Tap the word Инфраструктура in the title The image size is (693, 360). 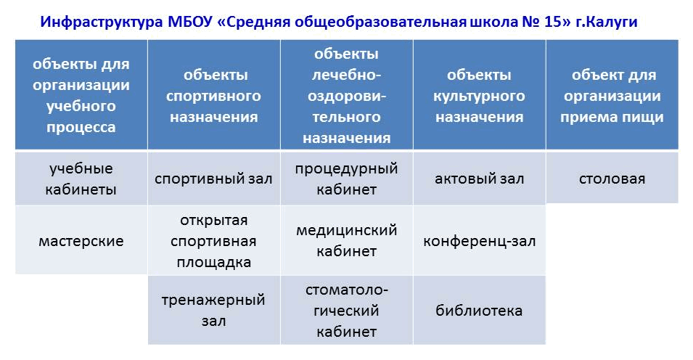(102, 22)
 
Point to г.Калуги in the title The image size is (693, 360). (607, 22)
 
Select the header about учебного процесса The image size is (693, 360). (81, 95)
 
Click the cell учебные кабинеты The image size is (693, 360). (81, 179)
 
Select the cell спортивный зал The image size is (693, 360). (214, 179)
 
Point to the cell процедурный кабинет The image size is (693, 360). (347, 179)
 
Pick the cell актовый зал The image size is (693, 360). (479, 179)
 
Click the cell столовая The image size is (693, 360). (612, 179)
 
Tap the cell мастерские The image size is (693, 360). (81, 241)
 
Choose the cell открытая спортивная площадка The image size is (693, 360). (214, 241)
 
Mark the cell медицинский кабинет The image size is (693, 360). (347, 240)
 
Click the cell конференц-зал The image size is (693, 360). (479, 241)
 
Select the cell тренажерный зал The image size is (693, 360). (214, 310)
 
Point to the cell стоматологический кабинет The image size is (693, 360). (347, 311)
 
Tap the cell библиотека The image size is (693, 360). (479, 311)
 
